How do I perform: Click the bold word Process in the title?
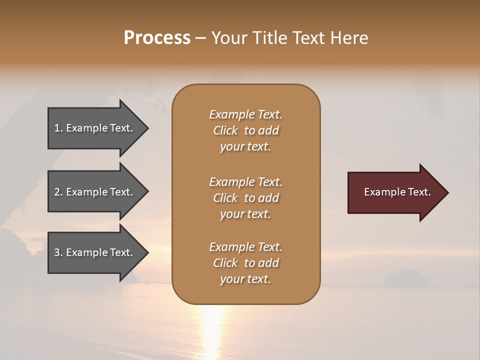(157, 38)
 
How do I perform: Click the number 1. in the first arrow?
(58, 128)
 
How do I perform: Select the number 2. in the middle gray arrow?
(58, 192)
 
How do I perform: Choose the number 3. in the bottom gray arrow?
(58, 252)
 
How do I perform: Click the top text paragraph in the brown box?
(245, 130)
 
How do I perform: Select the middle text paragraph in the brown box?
(245, 198)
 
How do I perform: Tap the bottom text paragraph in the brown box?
(245, 263)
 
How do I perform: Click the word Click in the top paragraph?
(225, 130)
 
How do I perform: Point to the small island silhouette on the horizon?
(406, 279)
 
